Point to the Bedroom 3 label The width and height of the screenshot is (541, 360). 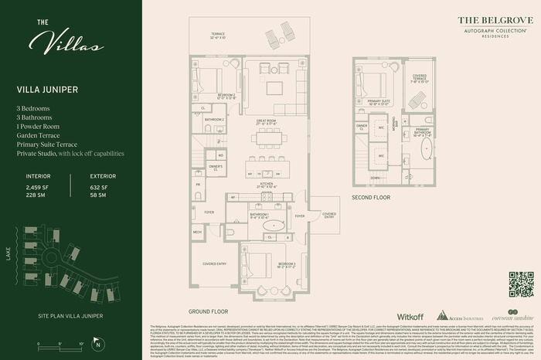pyautogui.click(x=264, y=265)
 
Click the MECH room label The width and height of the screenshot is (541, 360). pyautogui.click(x=197, y=231)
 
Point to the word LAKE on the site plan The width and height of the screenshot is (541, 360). pyautogui.click(x=9, y=254)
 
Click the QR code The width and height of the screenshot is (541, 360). pyautogui.click(x=520, y=284)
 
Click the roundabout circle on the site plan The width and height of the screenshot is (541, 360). pyautogui.click(x=95, y=292)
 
